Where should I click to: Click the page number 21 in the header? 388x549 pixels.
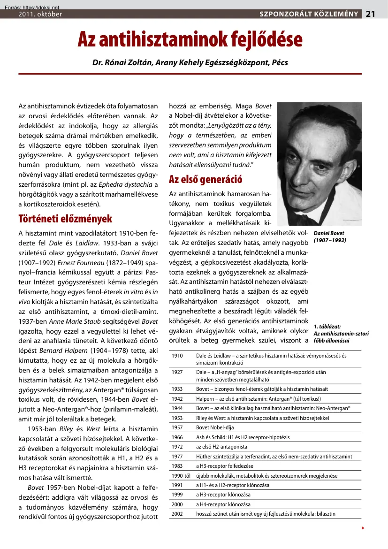371,14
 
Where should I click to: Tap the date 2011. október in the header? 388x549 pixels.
40,14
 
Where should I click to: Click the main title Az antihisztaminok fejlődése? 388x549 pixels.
190,39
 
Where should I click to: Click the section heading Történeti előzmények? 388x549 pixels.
65,218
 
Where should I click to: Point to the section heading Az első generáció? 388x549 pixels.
199,179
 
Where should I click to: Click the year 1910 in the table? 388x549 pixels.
177,356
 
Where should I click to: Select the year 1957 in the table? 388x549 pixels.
177,427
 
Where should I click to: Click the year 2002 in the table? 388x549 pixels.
177,514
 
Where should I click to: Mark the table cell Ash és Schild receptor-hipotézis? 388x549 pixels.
243,437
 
